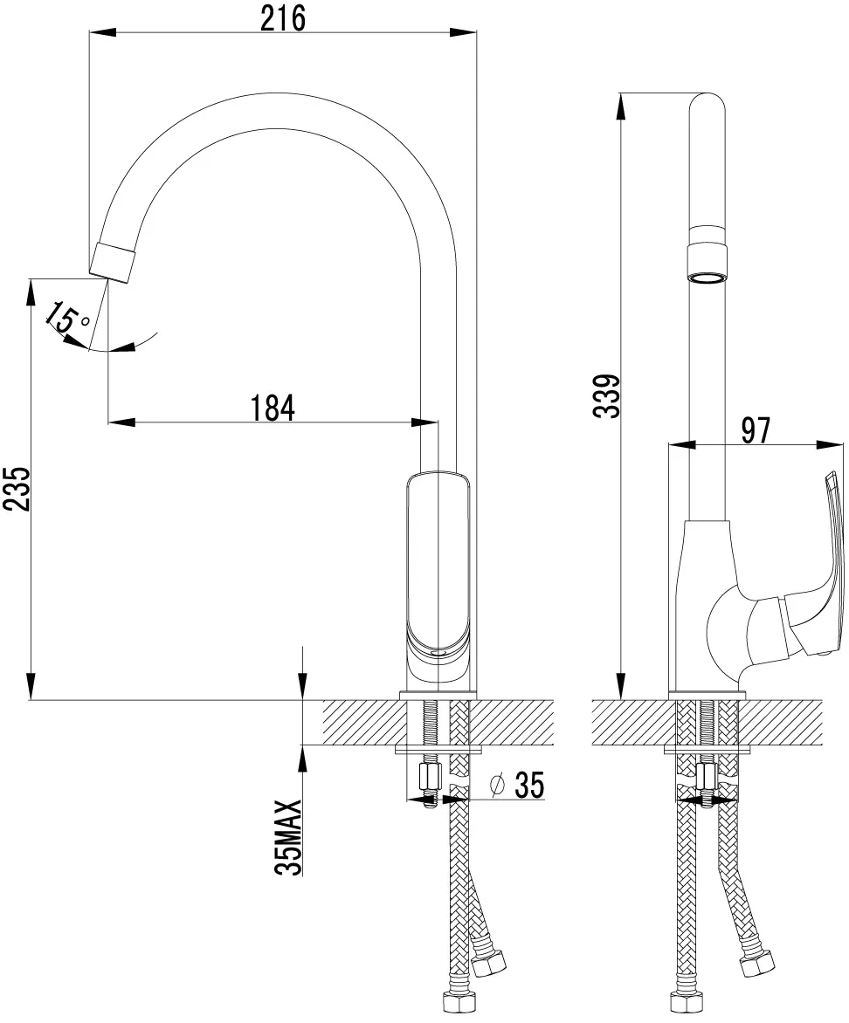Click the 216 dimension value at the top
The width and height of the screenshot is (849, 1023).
(x=282, y=17)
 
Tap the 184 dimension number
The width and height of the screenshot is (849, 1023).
(x=273, y=408)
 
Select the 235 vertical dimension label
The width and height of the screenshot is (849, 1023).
(x=17, y=489)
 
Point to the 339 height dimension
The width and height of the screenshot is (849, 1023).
(x=605, y=395)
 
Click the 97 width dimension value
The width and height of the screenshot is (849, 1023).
(x=756, y=430)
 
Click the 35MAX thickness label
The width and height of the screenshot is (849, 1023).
(x=288, y=836)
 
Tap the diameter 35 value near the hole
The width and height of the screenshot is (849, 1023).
(x=529, y=784)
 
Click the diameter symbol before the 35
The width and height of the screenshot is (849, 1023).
(x=498, y=785)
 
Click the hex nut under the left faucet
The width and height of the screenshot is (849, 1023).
(x=427, y=776)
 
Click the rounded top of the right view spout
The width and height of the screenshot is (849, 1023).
(x=707, y=106)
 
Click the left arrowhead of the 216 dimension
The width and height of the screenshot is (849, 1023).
(x=102, y=31)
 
